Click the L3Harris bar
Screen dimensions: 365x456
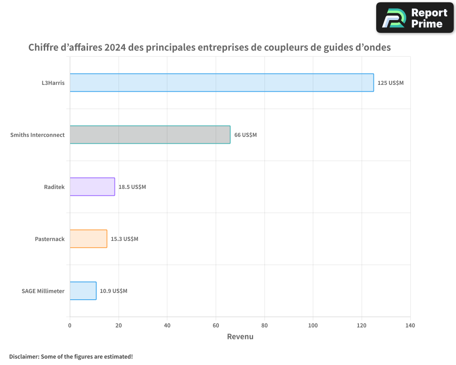tap(222, 83)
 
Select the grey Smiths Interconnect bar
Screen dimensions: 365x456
tap(150, 135)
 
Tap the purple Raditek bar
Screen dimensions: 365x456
tap(92, 187)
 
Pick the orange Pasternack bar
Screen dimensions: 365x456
tap(88, 239)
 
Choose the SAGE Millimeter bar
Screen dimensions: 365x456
tap(83, 291)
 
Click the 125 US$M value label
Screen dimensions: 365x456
tap(390, 83)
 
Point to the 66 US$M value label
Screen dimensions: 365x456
tap(245, 135)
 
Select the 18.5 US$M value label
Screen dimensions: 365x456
tap(132, 187)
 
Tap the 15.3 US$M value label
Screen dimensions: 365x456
tap(124, 239)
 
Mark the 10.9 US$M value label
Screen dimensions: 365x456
tap(114, 291)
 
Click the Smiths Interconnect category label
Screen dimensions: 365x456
tap(37, 135)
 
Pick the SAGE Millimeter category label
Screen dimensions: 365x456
tap(43, 291)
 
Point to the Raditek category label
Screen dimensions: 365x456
tap(54, 187)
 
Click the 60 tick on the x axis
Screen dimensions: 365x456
tap(216, 326)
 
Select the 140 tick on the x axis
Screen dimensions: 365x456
tap(410, 326)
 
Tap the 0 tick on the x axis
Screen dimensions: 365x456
tap(70, 326)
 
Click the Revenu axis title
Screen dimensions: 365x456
tap(240, 337)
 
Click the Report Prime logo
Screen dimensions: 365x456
tap(415, 18)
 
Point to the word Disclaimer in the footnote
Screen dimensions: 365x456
tap(23, 356)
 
